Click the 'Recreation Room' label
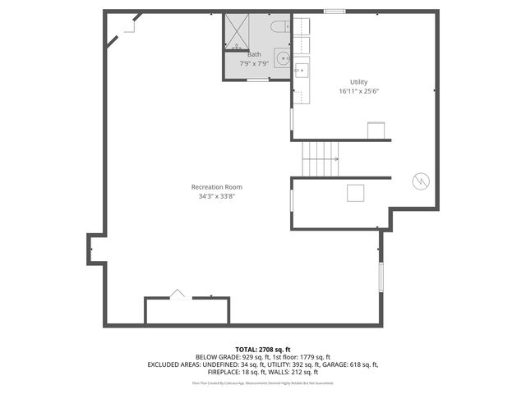click(216, 187)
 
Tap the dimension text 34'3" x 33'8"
click(216, 197)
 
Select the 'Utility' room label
click(358, 82)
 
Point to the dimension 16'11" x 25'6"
click(358, 92)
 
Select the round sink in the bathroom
click(282, 58)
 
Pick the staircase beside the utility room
click(321, 158)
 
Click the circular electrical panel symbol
click(421, 181)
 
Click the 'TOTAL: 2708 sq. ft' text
click(262, 350)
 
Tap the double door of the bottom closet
click(178, 295)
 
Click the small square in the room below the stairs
click(356, 193)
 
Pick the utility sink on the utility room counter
click(301, 70)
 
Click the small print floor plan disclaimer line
click(262, 383)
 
